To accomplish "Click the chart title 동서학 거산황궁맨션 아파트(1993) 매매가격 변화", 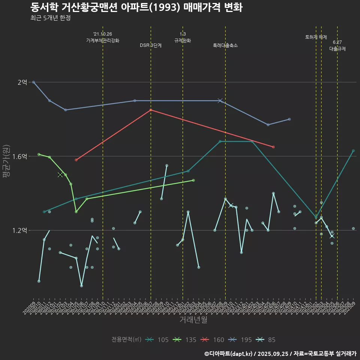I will (x=136, y=7).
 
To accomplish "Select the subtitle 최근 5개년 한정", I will (x=50, y=18).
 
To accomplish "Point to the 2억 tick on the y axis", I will (x=22, y=82).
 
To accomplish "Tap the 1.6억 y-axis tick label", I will (x=20, y=156).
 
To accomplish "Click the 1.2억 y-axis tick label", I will (x=20, y=231).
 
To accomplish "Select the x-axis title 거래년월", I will (x=193, y=320).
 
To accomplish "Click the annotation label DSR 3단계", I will (x=151, y=45).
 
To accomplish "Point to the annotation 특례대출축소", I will (x=225, y=45).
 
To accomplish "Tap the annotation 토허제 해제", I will (x=316, y=37).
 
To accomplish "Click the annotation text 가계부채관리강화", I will (x=103, y=40).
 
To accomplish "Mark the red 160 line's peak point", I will (x=151, y=110).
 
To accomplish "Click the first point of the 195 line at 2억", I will (x=34, y=82).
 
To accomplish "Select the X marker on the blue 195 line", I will (x=220, y=100).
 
